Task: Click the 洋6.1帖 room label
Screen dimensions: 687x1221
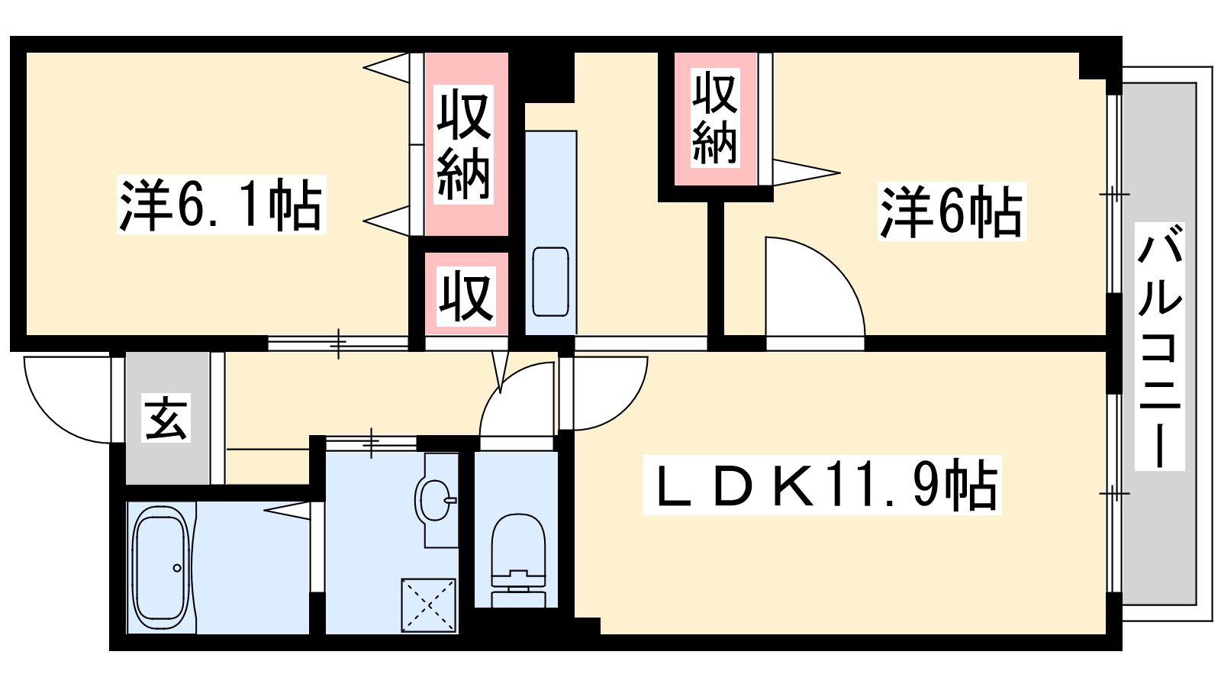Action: pos(221,205)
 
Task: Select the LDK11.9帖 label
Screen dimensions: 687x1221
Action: pos(821,485)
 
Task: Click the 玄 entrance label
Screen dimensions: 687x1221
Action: pos(166,418)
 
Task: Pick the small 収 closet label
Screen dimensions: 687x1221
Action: pos(466,295)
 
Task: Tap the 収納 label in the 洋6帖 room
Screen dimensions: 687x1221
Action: pos(714,118)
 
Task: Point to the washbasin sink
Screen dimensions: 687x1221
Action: pos(436,500)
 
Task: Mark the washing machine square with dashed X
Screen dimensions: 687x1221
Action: pos(430,605)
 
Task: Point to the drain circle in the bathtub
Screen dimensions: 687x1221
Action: pos(177,568)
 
